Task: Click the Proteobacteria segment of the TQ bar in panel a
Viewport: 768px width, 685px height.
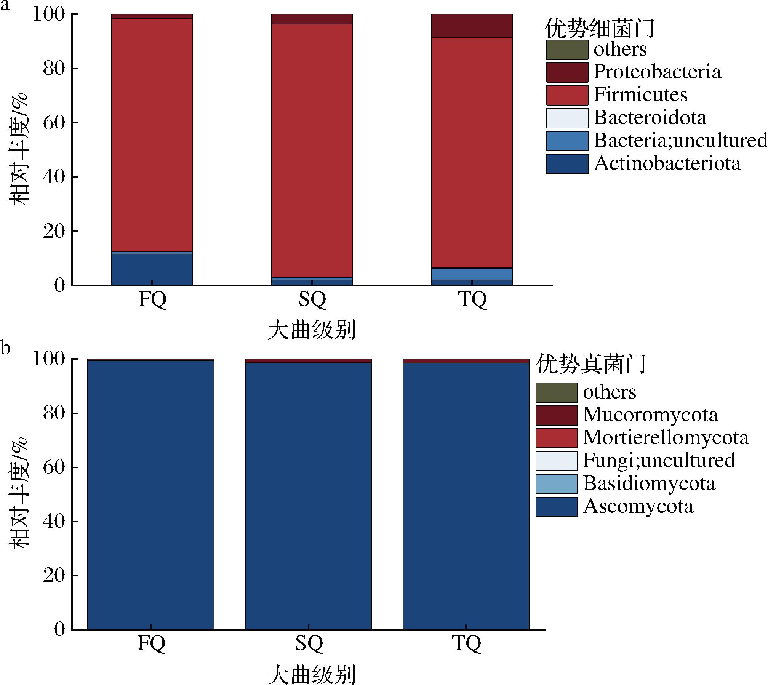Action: [x=472, y=26]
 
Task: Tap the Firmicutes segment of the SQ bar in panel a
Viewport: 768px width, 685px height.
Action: [x=312, y=150]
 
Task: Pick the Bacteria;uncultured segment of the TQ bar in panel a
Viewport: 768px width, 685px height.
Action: [x=472, y=274]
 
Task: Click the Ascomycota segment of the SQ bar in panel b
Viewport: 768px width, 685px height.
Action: [x=308, y=495]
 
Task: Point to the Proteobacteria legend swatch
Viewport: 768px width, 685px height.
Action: [x=567, y=72]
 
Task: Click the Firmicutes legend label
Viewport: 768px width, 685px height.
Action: [x=640, y=95]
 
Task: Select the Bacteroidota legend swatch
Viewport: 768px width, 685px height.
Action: [x=567, y=118]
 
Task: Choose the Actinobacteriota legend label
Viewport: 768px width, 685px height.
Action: [x=667, y=163]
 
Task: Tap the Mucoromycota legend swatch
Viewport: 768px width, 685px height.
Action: [x=556, y=415]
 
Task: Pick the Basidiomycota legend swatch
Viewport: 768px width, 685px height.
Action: [x=556, y=483]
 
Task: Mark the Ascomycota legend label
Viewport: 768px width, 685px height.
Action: [x=638, y=506]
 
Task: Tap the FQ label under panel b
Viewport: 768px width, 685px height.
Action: [x=151, y=643]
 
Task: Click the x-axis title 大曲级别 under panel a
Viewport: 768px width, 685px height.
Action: [x=312, y=330]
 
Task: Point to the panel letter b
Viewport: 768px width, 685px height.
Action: [x=5, y=347]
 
